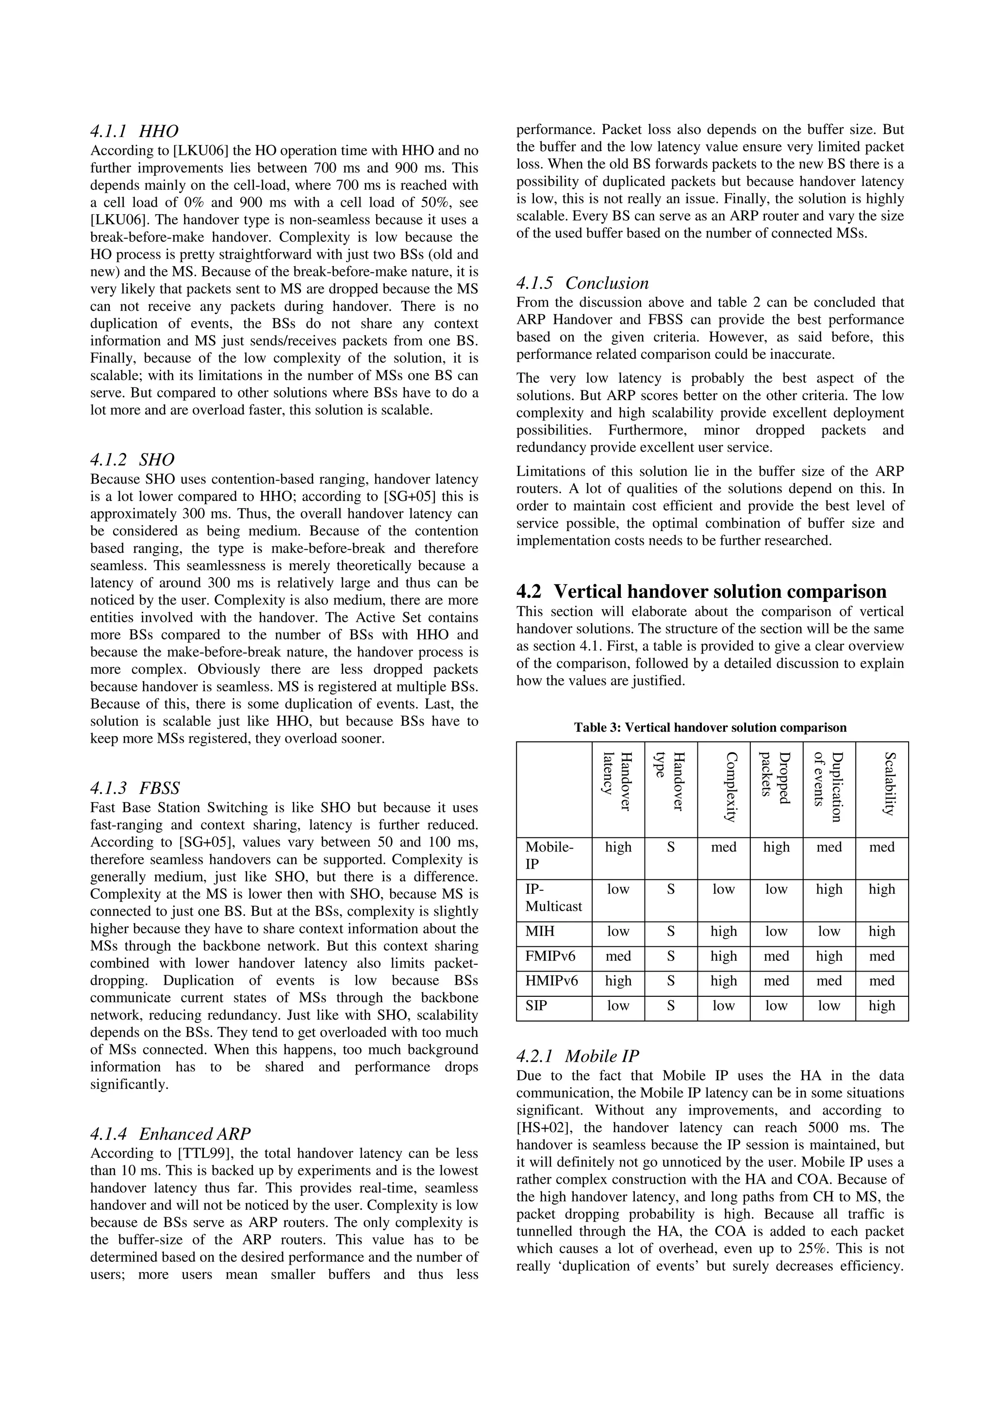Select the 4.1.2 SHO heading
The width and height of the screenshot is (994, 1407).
tap(133, 460)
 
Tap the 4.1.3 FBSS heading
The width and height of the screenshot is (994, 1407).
tap(135, 787)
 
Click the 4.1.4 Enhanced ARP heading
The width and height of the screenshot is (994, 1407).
tap(170, 1134)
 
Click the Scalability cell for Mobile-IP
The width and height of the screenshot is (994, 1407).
tap(881, 848)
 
